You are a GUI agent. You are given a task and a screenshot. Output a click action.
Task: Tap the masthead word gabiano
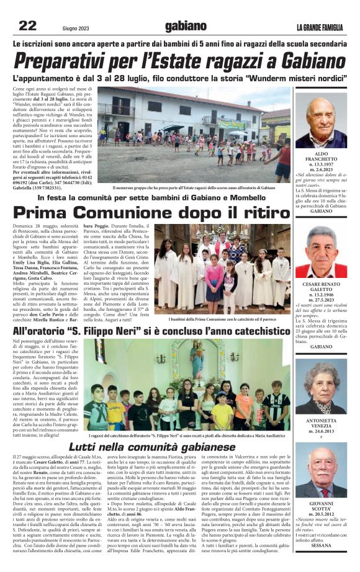(x=185, y=26)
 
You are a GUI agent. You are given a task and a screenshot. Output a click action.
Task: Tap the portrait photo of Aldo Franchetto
(x=321, y=120)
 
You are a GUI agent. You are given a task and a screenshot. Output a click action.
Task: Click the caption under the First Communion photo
(x=222, y=319)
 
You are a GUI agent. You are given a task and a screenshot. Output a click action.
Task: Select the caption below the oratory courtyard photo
(x=194, y=187)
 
